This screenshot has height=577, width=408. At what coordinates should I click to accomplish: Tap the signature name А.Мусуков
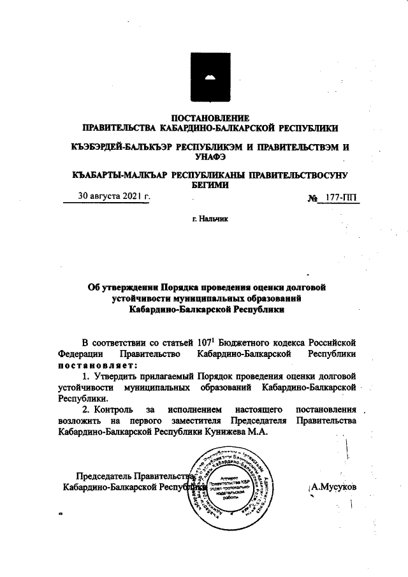pyautogui.click(x=332, y=487)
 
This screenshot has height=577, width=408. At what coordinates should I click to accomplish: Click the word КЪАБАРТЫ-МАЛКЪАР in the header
pyautogui.click(x=119, y=174)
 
